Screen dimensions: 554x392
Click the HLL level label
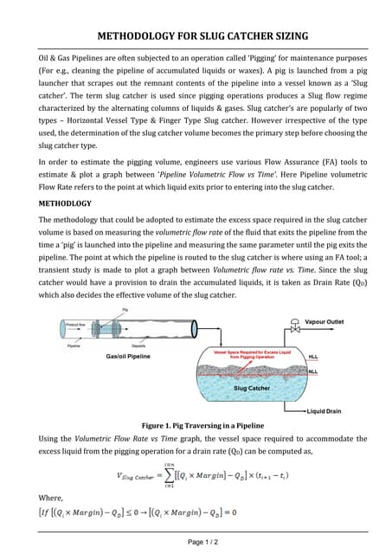click(x=313, y=356)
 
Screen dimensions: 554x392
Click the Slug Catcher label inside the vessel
click(x=252, y=388)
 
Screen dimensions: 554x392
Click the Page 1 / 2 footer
click(x=196, y=541)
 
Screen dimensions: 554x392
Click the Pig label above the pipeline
click(x=125, y=309)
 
